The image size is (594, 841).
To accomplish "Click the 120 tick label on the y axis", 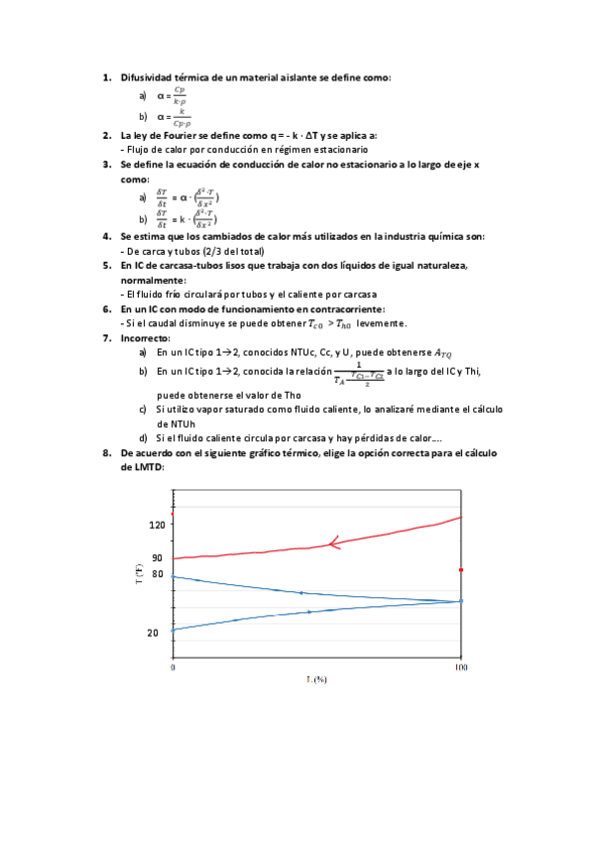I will [155, 527].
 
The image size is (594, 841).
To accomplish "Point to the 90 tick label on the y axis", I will [157, 558].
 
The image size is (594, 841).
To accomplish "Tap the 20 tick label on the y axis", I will [154, 632].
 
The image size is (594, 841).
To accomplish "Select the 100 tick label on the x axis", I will [461, 668].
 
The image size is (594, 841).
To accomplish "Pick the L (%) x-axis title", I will [316, 679].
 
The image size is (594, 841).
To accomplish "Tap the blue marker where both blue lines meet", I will [461, 601].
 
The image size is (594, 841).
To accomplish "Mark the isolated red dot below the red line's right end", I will [461, 570].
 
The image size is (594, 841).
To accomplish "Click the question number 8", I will [107, 452].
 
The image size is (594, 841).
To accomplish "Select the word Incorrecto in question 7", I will [144, 338].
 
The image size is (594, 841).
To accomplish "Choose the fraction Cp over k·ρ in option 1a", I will [178, 96].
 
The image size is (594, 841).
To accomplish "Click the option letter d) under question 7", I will [144, 437].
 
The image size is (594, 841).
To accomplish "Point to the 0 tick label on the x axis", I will [174, 668].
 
